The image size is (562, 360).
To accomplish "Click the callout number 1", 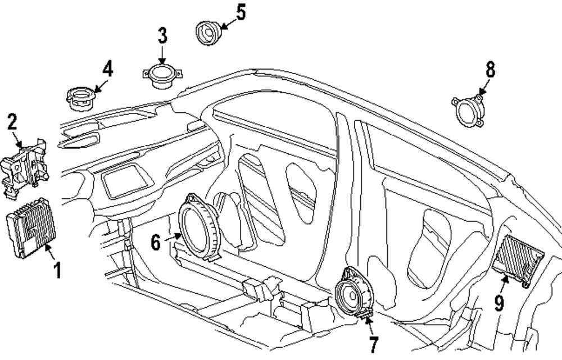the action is click(x=57, y=270).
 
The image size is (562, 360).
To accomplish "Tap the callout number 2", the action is click(x=12, y=122).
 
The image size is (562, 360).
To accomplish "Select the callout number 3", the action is click(x=163, y=36).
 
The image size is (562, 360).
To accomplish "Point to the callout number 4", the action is click(x=107, y=69).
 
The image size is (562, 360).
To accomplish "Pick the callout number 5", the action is click(x=241, y=12).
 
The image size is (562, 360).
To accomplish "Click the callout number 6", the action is click(x=156, y=243).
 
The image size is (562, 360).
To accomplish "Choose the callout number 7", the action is click(x=374, y=345).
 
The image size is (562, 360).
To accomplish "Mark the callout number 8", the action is click(x=491, y=70).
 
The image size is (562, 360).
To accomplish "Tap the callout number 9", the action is click(x=499, y=303).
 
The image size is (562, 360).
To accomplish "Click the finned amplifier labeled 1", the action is click(x=31, y=228).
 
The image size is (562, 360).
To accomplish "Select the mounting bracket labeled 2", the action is click(x=24, y=168).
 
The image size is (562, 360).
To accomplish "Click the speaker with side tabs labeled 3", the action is click(x=162, y=76).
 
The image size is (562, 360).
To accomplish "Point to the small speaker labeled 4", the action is click(x=81, y=98).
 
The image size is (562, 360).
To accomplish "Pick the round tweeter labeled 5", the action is click(x=209, y=33).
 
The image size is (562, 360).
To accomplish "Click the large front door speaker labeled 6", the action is click(x=199, y=227).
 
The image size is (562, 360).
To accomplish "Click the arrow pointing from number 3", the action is click(x=162, y=55).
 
